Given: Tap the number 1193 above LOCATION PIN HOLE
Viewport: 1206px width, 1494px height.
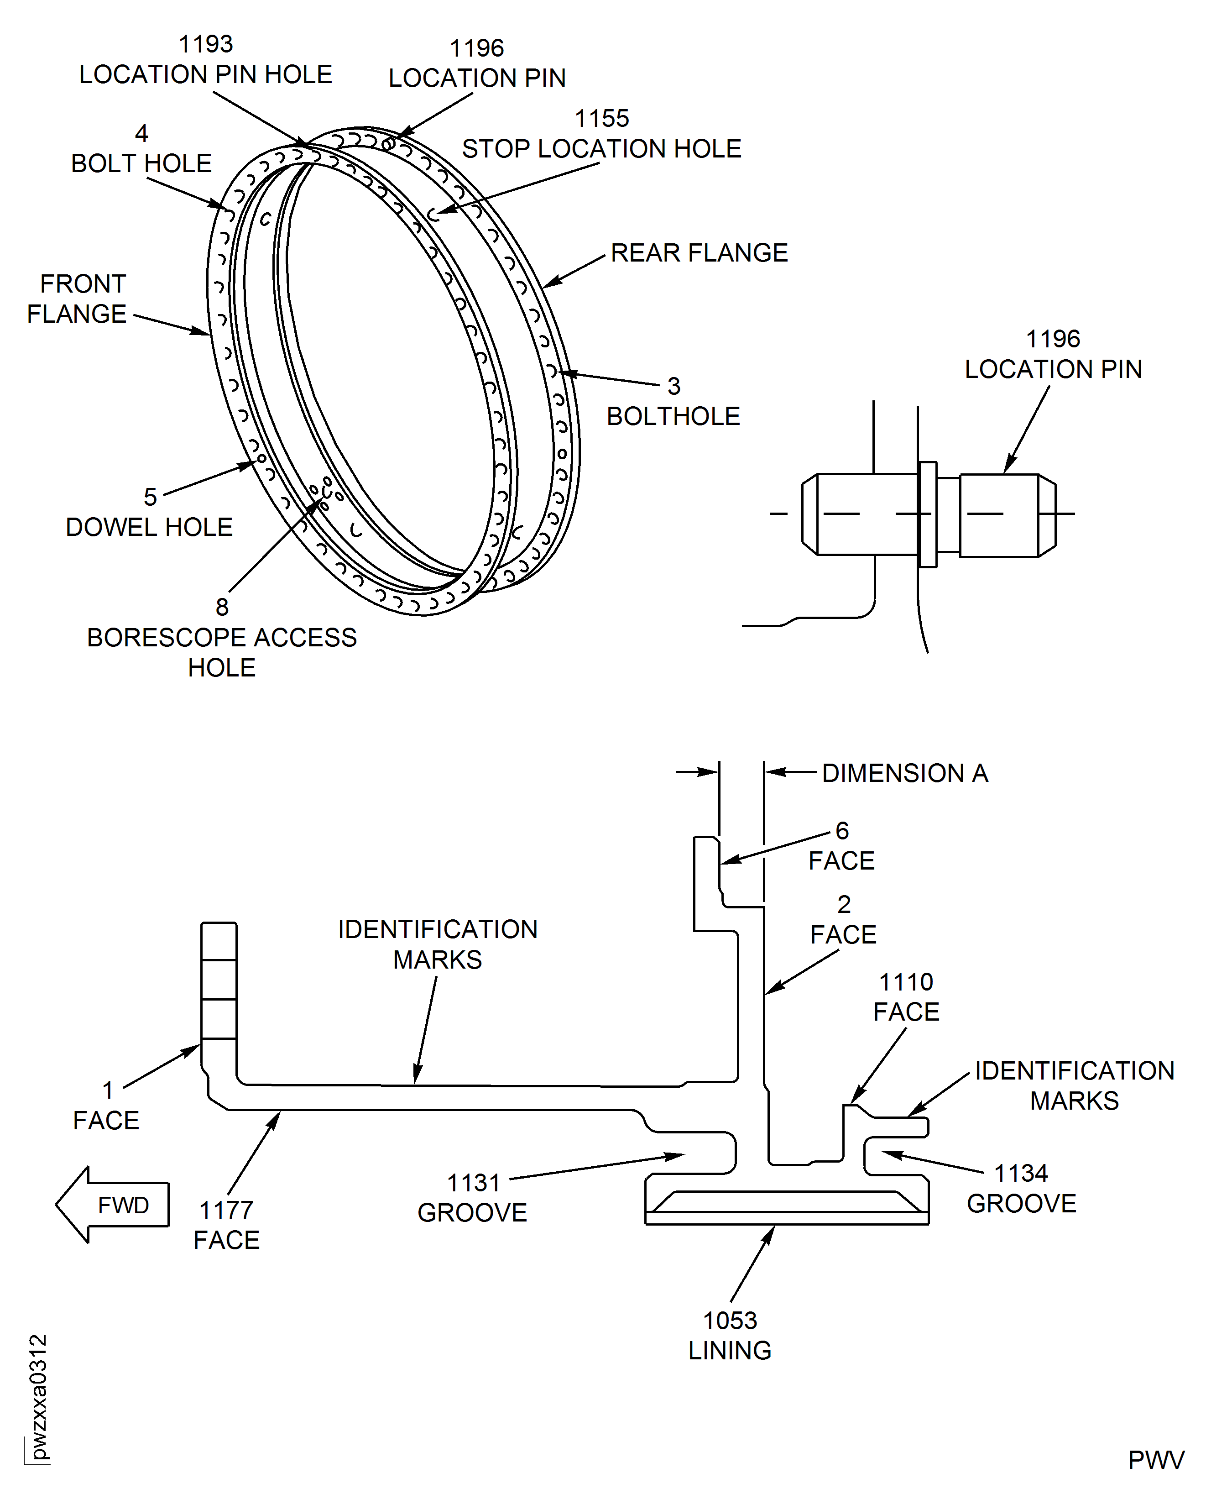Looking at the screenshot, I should (x=206, y=44).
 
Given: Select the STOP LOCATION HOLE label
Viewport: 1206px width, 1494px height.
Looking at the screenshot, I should (x=601, y=149).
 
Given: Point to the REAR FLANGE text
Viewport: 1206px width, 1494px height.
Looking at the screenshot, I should (x=699, y=253).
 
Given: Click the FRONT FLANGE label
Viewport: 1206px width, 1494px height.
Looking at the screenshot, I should (x=78, y=299).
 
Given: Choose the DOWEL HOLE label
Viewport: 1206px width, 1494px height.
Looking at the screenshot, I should (x=149, y=527).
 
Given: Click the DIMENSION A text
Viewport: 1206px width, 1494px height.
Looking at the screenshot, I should (x=904, y=773).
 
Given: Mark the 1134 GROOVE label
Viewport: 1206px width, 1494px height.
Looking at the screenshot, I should (x=1021, y=1188).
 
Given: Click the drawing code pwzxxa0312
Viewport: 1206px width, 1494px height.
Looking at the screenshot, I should (x=39, y=1397).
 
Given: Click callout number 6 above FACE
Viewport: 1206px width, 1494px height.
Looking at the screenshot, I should (x=842, y=830).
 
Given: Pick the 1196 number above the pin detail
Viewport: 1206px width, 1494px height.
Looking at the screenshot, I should (x=1053, y=339).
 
